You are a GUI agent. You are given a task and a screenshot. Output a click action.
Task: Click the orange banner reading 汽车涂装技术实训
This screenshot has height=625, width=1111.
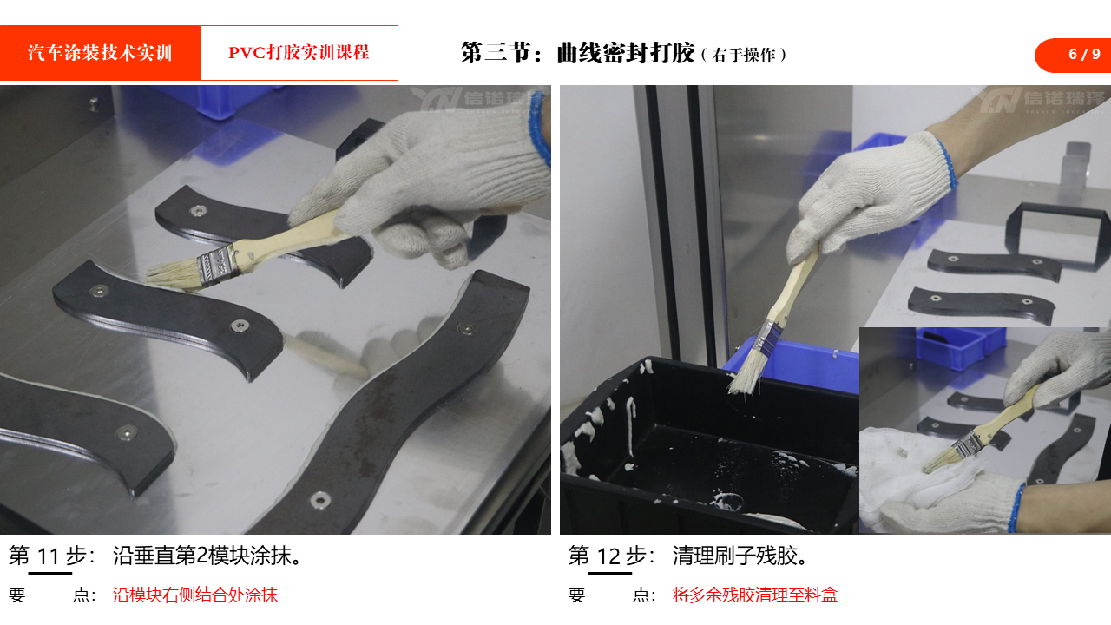100,53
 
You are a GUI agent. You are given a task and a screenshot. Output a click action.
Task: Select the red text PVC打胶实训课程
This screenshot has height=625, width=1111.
299,52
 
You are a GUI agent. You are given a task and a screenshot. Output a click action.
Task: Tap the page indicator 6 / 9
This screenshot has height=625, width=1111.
1084,54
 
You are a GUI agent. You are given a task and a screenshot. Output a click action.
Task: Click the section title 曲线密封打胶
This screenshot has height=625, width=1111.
626,53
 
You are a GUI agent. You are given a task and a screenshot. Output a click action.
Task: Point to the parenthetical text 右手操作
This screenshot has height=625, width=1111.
744,55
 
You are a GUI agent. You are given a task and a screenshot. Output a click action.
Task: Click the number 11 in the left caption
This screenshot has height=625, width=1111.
49,556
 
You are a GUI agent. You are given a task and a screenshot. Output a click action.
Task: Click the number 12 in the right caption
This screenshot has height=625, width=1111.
608,556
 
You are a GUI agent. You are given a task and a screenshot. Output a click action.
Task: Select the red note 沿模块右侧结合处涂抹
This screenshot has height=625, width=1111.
195,595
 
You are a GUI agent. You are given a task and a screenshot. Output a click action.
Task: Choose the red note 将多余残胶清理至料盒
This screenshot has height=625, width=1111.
755,595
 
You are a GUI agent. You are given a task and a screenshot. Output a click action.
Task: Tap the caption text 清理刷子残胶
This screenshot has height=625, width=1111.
740,556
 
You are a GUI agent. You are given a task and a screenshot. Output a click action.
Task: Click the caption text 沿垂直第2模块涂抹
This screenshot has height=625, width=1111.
207,556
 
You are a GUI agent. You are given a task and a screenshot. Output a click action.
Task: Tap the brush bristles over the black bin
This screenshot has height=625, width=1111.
746,373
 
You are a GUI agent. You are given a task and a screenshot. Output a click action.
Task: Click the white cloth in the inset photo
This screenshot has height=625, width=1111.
917,477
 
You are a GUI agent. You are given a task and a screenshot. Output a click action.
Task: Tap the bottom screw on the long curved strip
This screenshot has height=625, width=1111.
320,499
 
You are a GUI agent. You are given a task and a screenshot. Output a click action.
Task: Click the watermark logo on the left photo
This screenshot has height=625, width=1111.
478,100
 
